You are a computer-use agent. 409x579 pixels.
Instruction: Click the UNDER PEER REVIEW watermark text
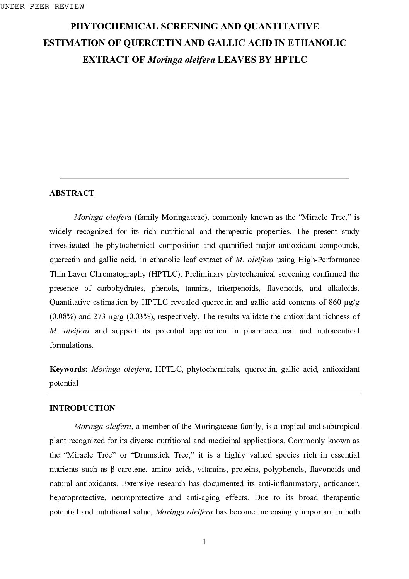(x=42, y=6)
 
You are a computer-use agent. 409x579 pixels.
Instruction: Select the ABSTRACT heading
(x=72, y=193)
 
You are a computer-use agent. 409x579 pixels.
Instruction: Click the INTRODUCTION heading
(x=82, y=408)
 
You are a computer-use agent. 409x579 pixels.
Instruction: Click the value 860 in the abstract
(x=334, y=302)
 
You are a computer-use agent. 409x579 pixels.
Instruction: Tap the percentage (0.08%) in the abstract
(x=63, y=316)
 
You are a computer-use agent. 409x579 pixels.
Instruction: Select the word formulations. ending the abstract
(x=72, y=345)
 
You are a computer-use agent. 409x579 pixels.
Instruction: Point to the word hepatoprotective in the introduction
(x=75, y=498)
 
